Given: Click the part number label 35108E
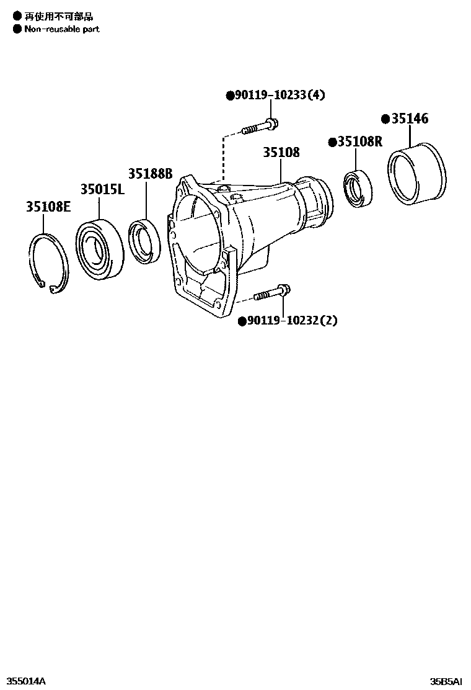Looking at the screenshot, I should (48, 207).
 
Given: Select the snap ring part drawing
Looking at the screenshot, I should (49, 262).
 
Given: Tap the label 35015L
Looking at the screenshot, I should (102, 189).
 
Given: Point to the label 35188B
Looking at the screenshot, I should (150, 174).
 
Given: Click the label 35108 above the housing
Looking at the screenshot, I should (281, 152).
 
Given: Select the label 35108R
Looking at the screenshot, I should (359, 142).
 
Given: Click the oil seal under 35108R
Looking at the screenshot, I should (358, 187).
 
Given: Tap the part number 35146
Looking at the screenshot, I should (408, 119).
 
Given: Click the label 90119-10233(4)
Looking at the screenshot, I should (279, 95).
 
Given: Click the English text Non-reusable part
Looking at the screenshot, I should (61, 29).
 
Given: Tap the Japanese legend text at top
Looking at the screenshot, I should (58, 17).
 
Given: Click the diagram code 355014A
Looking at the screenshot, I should (25, 681).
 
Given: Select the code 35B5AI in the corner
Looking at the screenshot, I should (446, 681).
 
